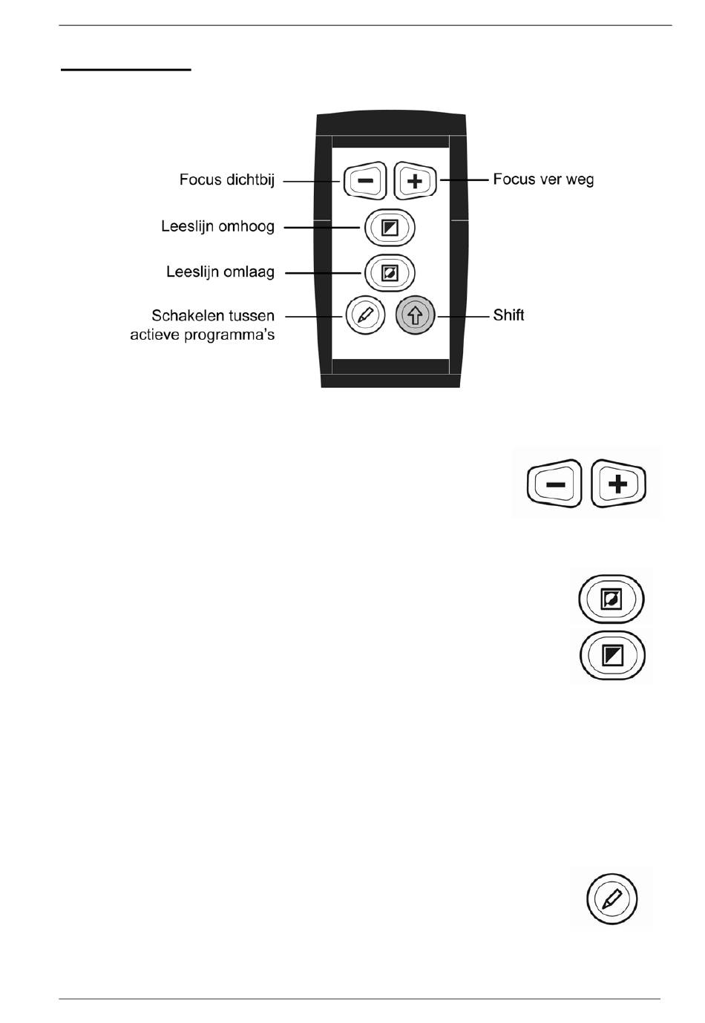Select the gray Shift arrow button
(416, 315)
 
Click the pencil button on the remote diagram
(365, 315)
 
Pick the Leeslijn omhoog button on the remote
(390, 228)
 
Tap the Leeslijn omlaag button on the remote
(390, 273)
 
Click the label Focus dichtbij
(226, 180)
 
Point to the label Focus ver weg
(543, 180)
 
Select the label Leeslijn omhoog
(217, 226)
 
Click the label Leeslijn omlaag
(220, 272)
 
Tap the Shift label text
(508, 315)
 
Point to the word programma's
(235, 335)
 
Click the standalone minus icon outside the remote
(554, 484)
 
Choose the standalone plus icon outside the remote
(618, 484)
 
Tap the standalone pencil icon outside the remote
(612, 898)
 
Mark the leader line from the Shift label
(463, 315)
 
